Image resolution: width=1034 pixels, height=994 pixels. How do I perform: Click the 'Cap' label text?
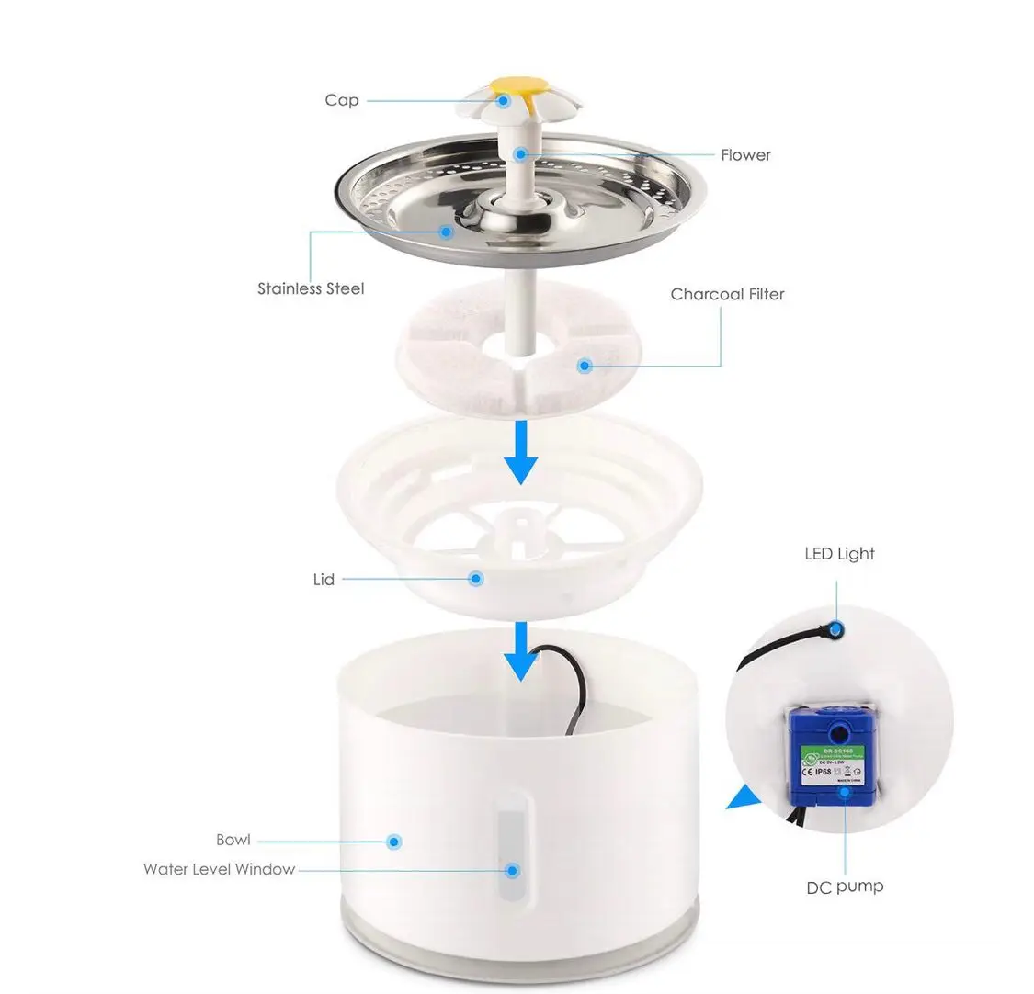(341, 99)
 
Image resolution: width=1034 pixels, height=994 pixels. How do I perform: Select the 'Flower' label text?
(745, 154)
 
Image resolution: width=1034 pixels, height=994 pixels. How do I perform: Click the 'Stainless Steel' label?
(311, 288)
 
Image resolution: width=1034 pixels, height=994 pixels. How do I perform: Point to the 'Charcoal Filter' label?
(727, 294)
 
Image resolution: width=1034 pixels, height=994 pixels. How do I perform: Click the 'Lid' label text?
(324, 580)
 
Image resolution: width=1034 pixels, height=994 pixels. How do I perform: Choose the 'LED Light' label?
(839, 553)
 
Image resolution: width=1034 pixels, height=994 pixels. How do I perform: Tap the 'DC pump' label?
(845, 887)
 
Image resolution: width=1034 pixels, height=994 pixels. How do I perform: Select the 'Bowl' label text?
(233, 840)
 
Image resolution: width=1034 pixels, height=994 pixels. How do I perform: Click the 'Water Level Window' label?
(219, 869)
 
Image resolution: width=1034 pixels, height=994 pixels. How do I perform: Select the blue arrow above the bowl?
(521, 651)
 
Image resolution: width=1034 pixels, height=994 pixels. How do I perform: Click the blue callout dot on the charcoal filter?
(583, 366)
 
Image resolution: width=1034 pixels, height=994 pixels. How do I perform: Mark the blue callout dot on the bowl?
(394, 841)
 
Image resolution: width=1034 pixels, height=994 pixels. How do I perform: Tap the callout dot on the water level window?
(513, 870)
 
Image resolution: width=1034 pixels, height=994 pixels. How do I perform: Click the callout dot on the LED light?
(835, 630)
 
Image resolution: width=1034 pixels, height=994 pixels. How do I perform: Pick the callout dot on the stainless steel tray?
(447, 231)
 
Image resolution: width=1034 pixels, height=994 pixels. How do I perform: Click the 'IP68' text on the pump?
(822, 772)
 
